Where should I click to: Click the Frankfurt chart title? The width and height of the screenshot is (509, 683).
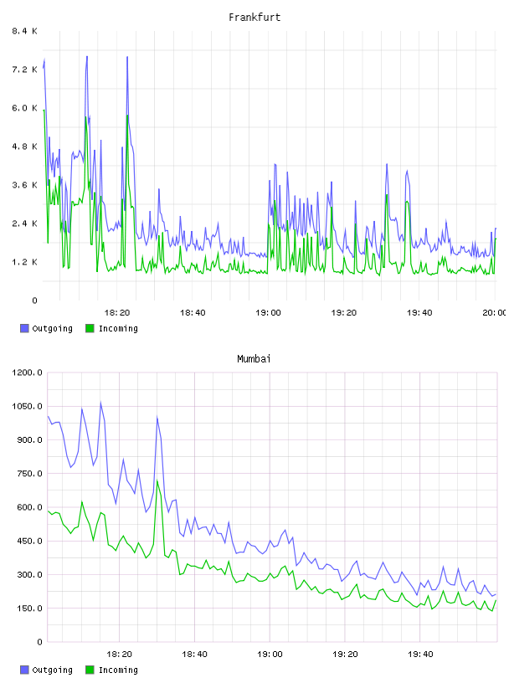[x=254, y=18]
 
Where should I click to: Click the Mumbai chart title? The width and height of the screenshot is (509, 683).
[x=254, y=359]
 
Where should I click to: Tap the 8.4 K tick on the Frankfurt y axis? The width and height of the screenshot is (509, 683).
[x=25, y=31]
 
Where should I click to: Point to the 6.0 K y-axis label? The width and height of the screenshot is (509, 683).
[x=25, y=108]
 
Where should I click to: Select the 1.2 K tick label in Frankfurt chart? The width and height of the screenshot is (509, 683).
[x=25, y=262]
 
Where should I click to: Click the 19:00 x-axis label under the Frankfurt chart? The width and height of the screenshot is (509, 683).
[x=268, y=313]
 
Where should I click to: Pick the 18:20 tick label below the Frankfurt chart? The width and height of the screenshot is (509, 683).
[x=117, y=313]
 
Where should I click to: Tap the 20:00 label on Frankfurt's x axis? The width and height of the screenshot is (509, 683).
[x=495, y=313]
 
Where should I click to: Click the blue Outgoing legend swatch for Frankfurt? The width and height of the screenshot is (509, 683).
[x=24, y=328]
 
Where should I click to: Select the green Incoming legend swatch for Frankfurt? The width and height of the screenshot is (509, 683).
[x=90, y=328]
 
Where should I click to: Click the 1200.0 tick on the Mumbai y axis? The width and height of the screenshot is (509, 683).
[x=27, y=372]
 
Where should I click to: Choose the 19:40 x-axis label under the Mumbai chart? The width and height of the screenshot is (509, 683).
[x=420, y=655]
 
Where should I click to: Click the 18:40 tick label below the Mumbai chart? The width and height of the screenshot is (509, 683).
[x=194, y=655]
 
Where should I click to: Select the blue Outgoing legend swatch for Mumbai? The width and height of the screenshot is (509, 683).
[x=24, y=670]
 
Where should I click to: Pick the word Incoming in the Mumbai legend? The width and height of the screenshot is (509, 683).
[x=118, y=670]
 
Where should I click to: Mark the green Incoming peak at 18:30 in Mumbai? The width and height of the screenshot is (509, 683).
[x=157, y=480]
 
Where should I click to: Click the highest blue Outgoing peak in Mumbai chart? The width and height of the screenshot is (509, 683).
[x=100, y=402]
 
